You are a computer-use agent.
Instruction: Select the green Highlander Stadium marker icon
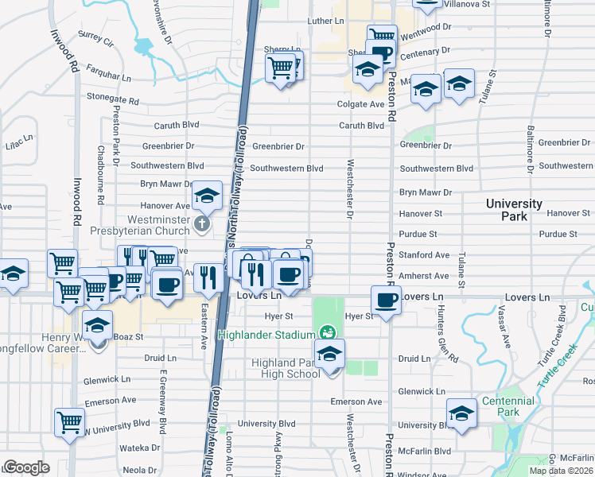click(326, 332)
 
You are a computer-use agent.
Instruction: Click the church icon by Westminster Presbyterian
click(202, 224)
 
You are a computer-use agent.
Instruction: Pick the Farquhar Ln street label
click(110, 77)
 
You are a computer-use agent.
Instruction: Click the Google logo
click(25, 467)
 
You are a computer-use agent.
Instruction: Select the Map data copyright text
click(561, 471)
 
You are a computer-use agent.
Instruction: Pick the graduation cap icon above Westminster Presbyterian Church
click(207, 195)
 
